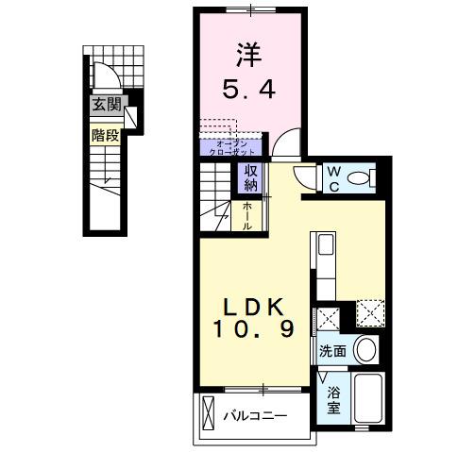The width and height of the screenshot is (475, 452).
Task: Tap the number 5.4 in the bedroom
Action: (x=248, y=91)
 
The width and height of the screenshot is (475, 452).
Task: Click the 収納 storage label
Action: (x=251, y=177)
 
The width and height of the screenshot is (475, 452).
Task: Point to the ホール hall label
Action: (x=247, y=215)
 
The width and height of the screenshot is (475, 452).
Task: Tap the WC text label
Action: (x=333, y=177)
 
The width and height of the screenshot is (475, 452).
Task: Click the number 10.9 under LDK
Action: (x=254, y=329)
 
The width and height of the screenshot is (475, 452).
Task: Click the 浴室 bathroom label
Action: (x=333, y=400)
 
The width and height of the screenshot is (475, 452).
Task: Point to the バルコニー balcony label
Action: (x=254, y=416)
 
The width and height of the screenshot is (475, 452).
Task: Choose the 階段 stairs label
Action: (x=105, y=134)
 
